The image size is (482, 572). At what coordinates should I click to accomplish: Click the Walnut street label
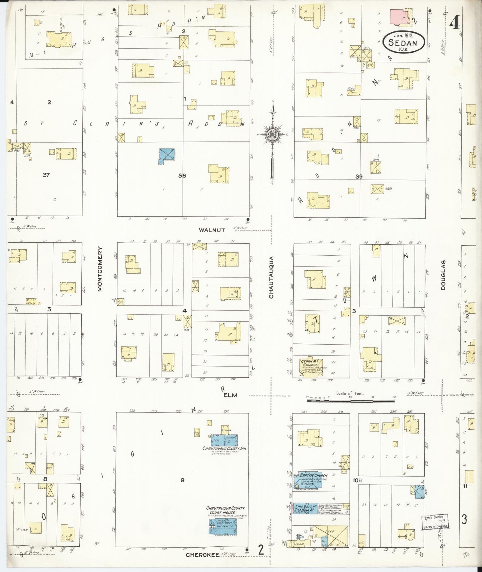pos(212,230)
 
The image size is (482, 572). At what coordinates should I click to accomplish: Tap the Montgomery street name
pos(99,269)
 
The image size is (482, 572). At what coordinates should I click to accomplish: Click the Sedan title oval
pos(404,43)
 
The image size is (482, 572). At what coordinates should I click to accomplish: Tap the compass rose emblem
pos(273,134)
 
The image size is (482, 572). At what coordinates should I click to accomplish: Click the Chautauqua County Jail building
pos(224,440)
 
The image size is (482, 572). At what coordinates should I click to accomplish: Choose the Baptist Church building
pos(309,480)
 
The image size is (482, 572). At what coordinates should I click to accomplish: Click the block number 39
pos(359,177)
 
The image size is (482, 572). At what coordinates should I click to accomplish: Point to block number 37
pos(46,175)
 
